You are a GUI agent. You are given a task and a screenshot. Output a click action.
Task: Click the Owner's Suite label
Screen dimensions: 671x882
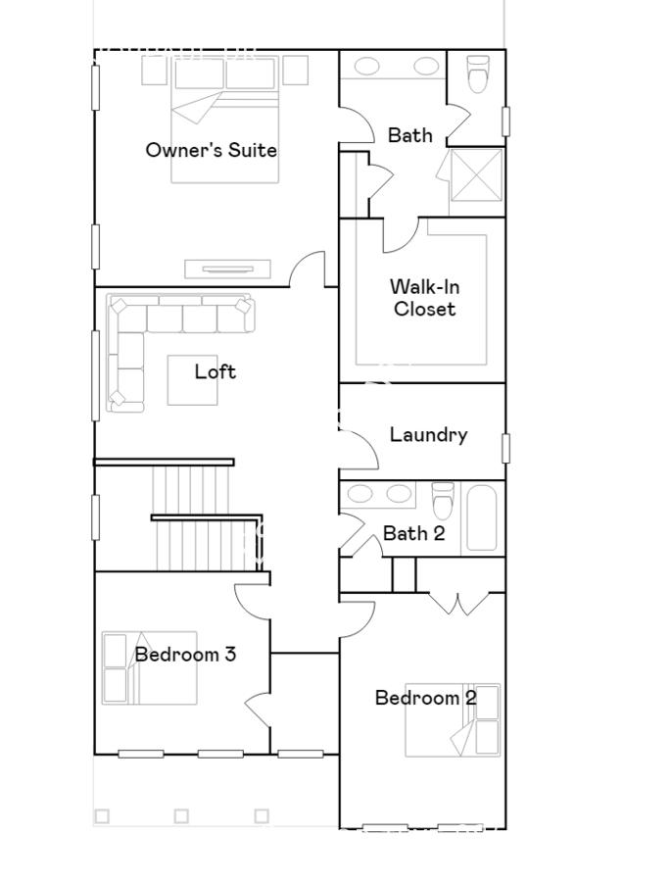click(x=211, y=150)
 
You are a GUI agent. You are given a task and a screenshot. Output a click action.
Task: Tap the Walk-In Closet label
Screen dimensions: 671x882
click(x=425, y=298)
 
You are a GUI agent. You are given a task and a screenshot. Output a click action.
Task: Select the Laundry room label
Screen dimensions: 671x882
click(x=429, y=435)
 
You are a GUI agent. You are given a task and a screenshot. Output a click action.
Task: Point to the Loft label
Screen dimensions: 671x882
click(x=215, y=371)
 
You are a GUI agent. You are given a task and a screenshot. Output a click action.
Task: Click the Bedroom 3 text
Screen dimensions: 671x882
click(x=185, y=655)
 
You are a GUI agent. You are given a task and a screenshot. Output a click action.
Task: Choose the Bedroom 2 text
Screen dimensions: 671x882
click(x=426, y=698)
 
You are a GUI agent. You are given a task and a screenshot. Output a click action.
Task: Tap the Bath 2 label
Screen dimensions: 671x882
click(x=414, y=533)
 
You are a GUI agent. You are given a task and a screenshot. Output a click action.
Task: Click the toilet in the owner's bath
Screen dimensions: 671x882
click(x=478, y=73)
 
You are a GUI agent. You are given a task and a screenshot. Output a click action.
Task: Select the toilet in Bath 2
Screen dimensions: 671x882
click(x=443, y=501)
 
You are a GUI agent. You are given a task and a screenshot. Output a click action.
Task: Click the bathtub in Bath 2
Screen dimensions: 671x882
click(x=482, y=518)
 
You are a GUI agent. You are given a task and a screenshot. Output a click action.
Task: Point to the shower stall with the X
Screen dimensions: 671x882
click(x=476, y=174)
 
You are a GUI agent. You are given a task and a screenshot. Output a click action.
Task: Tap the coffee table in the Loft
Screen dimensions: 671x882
click(x=192, y=380)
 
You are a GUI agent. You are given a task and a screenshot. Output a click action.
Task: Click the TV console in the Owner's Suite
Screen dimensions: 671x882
click(x=228, y=269)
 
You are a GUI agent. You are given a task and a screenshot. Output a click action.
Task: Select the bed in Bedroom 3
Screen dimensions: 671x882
click(x=150, y=667)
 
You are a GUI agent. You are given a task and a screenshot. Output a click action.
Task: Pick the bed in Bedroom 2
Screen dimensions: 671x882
click(x=453, y=720)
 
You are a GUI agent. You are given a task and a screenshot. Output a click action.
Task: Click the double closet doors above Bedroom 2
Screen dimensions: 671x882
click(x=459, y=603)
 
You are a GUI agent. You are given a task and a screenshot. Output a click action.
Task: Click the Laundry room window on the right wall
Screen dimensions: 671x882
click(x=505, y=448)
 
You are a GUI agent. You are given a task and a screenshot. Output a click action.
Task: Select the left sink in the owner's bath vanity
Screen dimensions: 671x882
click(x=366, y=67)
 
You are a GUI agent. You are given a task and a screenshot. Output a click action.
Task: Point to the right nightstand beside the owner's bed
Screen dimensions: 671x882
click(x=295, y=71)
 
